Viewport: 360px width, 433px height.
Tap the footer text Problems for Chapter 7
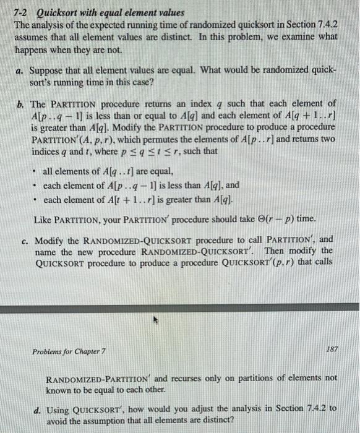69,352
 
